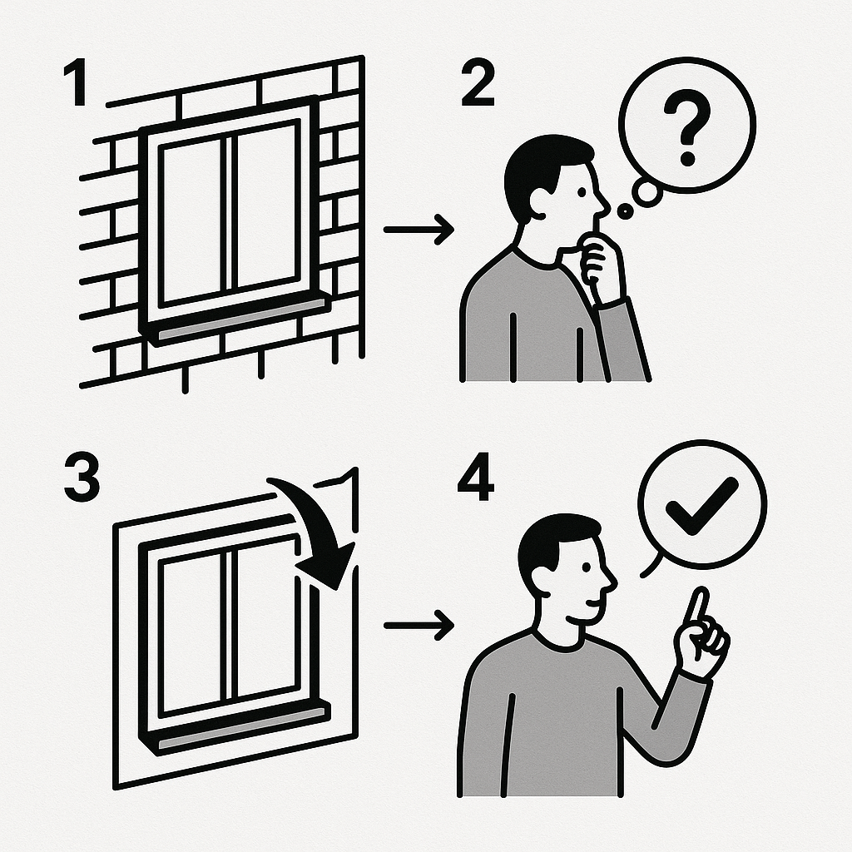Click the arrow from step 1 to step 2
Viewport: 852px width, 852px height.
click(x=419, y=229)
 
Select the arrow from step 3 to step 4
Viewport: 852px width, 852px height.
click(x=419, y=624)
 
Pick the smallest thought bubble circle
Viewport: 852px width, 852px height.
click(x=625, y=211)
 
